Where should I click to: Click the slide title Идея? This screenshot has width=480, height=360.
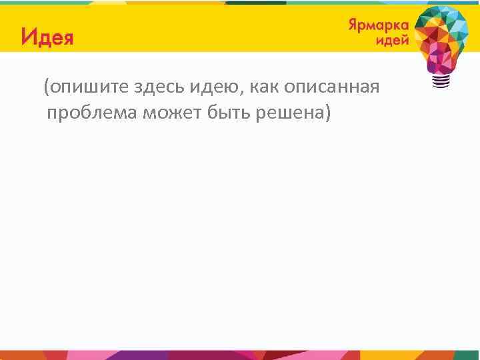(47, 37)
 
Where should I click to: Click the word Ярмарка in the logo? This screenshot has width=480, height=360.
(378, 25)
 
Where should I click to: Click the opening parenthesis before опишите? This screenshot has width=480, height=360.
(46, 87)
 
